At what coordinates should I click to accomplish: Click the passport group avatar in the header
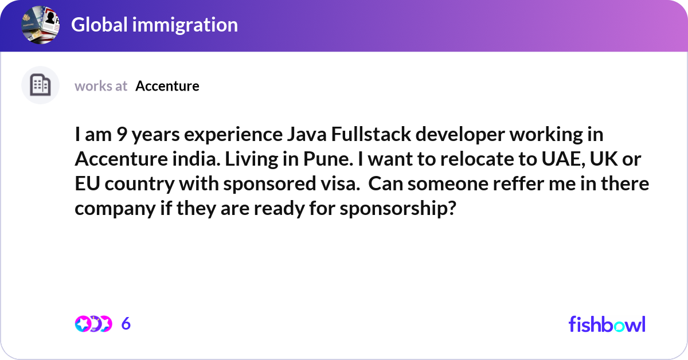(41, 24)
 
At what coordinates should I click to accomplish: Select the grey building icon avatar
(40, 85)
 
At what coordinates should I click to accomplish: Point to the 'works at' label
(101, 86)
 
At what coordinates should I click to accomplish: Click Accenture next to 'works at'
(167, 86)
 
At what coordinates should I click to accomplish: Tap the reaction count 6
(126, 324)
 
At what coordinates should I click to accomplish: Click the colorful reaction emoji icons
(93, 324)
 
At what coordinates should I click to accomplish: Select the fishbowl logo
(607, 324)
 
